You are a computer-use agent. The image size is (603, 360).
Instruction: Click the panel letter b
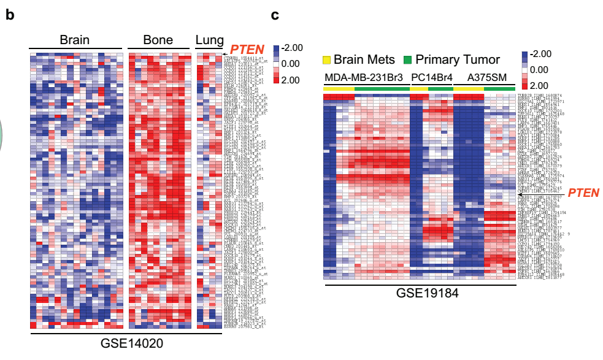(10, 14)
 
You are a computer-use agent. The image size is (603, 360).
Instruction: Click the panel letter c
(275, 14)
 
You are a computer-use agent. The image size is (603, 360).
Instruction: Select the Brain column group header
(74, 40)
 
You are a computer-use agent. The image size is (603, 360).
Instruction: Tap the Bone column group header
(158, 40)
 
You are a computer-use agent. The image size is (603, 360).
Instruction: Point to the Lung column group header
(210, 41)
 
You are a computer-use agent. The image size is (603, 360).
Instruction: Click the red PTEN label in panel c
(583, 193)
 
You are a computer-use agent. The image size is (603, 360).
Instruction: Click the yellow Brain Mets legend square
(327, 60)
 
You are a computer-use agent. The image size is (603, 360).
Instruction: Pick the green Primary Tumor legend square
(407, 60)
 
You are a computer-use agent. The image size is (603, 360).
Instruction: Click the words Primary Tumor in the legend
(457, 60)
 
